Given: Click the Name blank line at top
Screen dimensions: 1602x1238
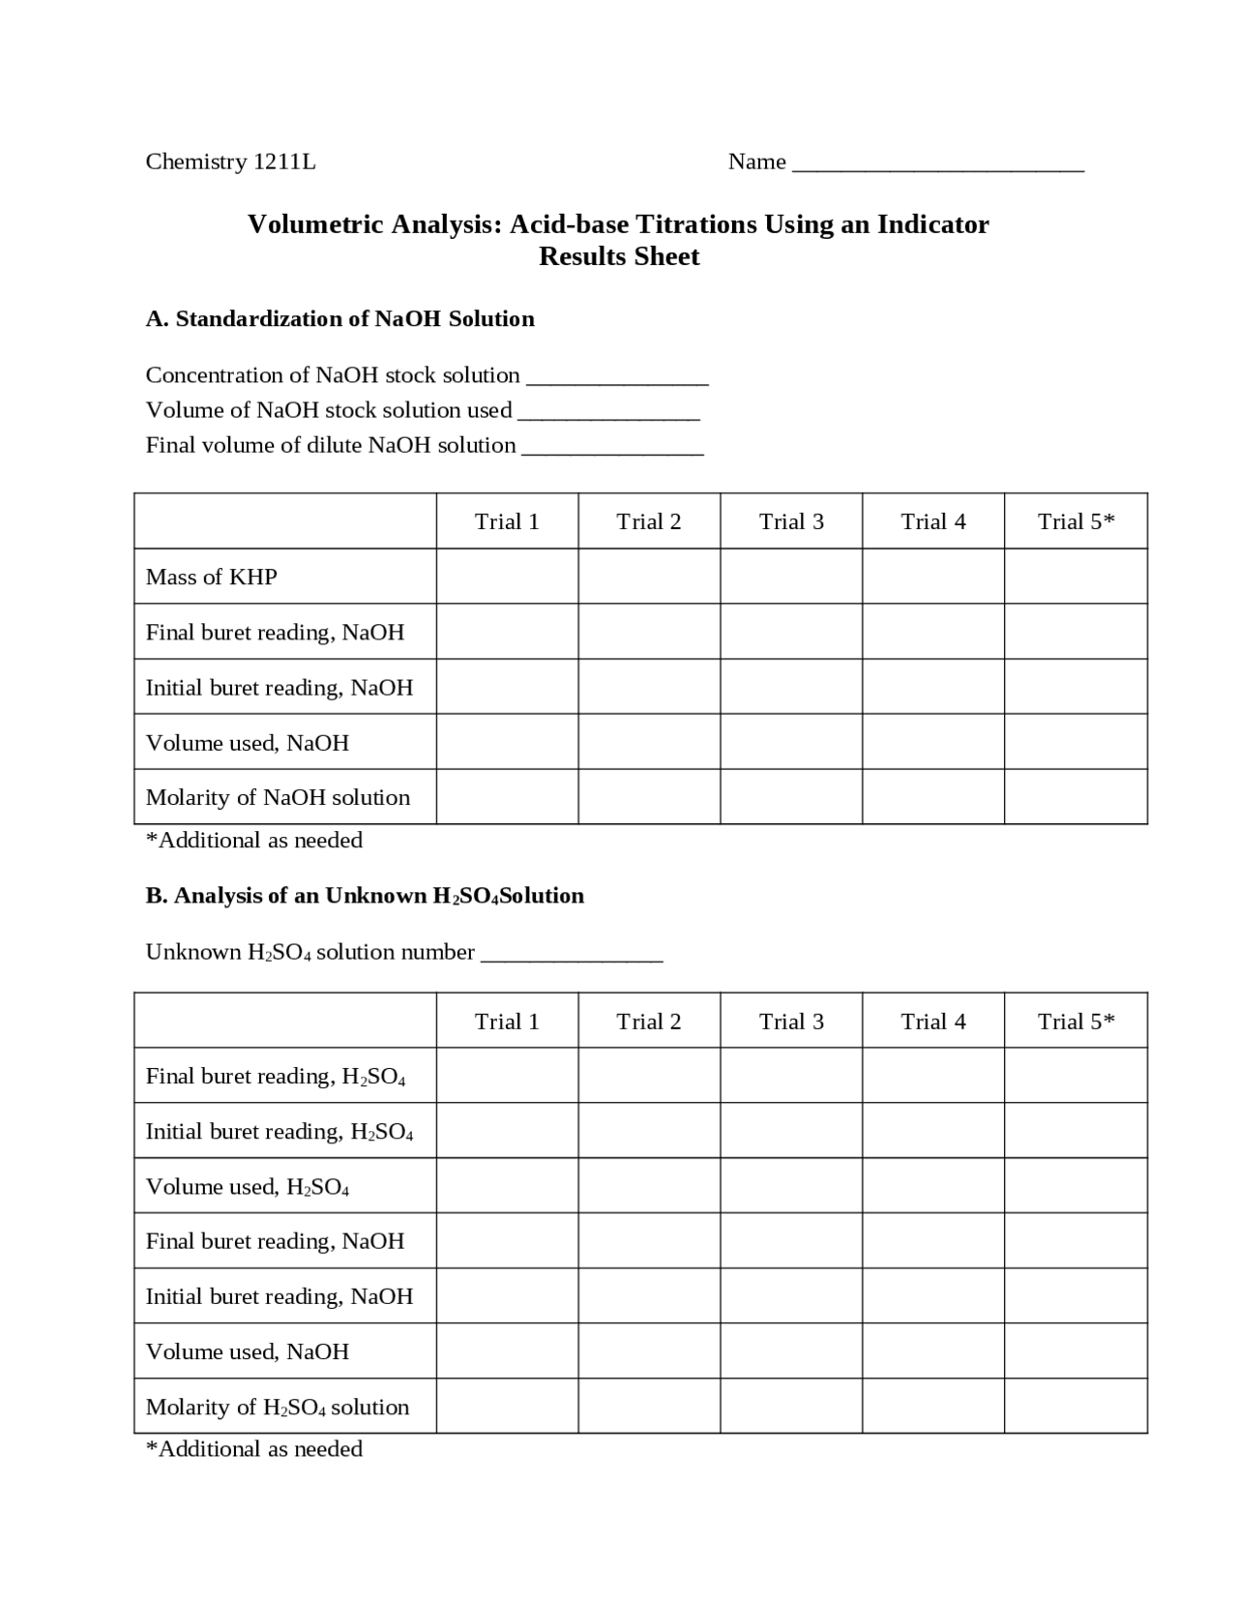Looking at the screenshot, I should pos(937,164).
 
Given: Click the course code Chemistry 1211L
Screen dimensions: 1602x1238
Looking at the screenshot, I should pos(230,162).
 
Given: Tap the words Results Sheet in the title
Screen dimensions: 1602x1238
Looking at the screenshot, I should pos(619,256).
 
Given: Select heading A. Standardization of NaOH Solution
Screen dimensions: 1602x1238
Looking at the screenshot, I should pos(339,319).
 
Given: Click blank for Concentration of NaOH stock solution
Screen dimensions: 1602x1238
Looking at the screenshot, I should pos(617,377).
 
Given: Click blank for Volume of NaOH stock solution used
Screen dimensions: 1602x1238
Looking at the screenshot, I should pos(608,412).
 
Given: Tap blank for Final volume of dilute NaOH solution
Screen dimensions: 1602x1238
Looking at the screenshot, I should pos(612,447).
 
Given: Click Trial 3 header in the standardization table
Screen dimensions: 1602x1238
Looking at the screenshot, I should pos(791,521).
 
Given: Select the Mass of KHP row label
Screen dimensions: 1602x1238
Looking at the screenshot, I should pos(211,577).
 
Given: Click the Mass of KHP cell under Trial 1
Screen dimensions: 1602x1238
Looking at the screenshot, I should pos(507,577).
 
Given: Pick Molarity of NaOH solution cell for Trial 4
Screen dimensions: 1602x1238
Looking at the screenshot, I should pos(932,797).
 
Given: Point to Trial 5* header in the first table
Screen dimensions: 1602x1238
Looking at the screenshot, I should pos(1076,521).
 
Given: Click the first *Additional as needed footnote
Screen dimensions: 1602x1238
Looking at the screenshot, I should pos(254,840).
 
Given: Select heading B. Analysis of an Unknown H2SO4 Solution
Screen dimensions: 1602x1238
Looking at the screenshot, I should pos(365,896).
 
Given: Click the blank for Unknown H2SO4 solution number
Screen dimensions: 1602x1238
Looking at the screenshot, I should pos(572,954).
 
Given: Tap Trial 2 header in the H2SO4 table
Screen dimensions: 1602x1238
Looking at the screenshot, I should pos(649,1022).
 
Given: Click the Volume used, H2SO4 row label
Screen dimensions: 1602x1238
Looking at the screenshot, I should pos(247,1187).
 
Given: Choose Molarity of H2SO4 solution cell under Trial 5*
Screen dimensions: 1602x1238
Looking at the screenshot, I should pos(1076,1406).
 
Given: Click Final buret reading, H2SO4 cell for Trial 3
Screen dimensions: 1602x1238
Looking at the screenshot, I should pos(791,1076).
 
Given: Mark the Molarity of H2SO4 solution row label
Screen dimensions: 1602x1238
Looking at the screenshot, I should pos(277,1408).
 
